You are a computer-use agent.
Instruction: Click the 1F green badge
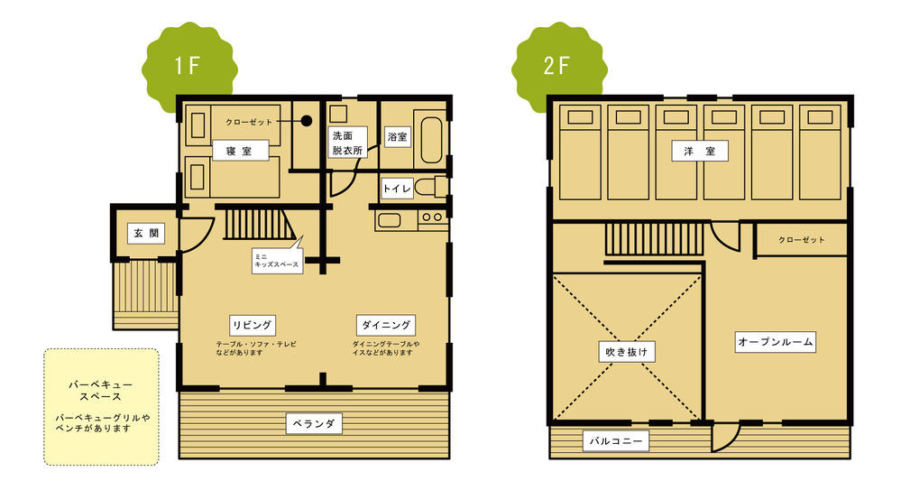pos(189,66)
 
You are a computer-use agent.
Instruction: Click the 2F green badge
pos(559,66)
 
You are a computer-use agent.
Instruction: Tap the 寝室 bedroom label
pos(240,151)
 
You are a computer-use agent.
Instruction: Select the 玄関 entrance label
pos(146,233)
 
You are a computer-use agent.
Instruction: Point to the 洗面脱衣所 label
pos(347,143)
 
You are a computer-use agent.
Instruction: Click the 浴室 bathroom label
pos(397,137)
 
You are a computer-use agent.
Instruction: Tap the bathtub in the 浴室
pos(431,140)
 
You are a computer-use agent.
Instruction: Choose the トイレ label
pos(397,188)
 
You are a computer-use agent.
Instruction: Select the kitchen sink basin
pos(389,219)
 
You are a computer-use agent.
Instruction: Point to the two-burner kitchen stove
pos(432,217)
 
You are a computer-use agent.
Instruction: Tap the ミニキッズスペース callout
pos(278,260)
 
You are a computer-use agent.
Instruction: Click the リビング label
pos(253,325)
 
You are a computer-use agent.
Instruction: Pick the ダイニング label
pos(386,325)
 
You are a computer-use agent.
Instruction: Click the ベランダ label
pos(314,423)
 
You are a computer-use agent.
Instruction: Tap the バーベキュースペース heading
pos(100,391)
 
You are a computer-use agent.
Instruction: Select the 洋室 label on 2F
pos(700,151)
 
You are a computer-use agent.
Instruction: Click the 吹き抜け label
pos(626,351)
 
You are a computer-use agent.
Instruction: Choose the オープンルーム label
pos(775,342)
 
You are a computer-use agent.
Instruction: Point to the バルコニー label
pos(616,441)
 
